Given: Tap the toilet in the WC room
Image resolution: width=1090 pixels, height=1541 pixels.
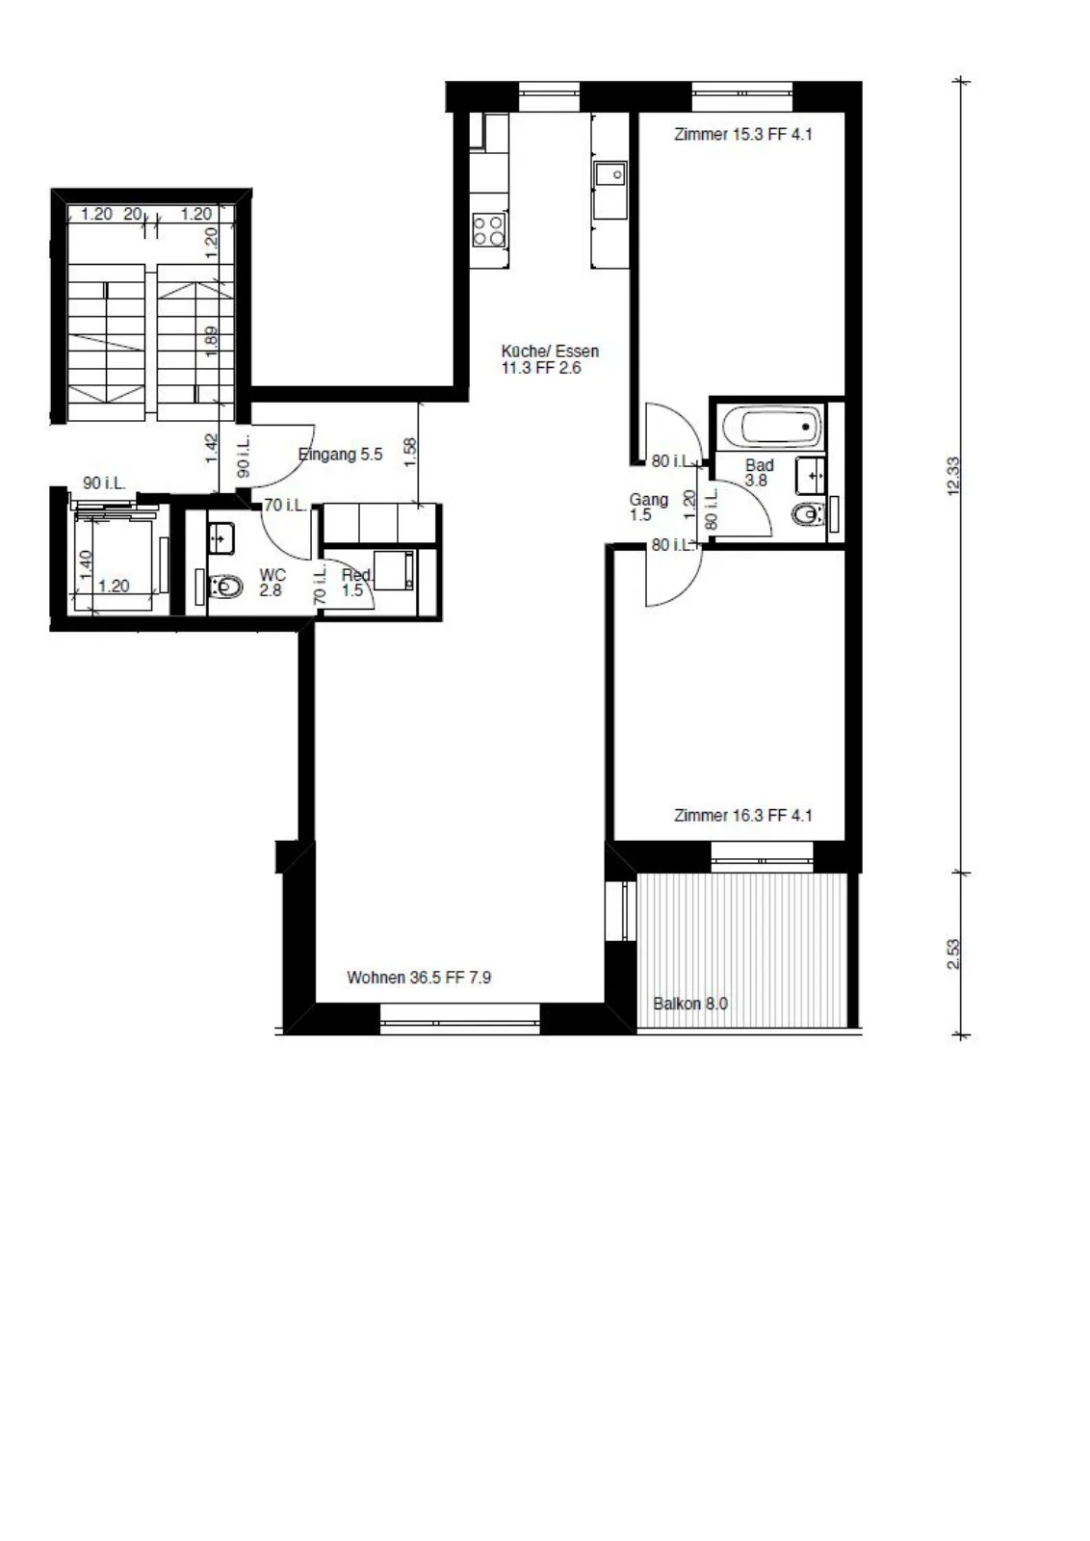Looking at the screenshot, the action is click(226, 587).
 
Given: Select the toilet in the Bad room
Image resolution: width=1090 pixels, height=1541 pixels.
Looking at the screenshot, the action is click(808, 514).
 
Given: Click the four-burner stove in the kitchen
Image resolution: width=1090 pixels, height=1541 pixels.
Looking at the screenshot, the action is click(490, 230).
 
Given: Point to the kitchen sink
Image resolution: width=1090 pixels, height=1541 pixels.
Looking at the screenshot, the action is click(610, 174).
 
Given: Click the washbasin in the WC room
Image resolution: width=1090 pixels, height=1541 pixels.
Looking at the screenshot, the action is click(221, 536).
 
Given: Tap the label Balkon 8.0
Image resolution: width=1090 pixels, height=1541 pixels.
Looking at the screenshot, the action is click(689, 1004).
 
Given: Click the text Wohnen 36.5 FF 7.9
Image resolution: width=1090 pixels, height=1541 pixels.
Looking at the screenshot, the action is click(419, 978).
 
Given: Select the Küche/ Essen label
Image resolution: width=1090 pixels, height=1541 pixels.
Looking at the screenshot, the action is click(550, 351).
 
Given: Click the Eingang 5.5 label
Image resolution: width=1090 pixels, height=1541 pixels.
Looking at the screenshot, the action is click(341, 455).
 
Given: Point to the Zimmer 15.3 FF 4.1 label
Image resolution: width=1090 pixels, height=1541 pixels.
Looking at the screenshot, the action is click(742, 135).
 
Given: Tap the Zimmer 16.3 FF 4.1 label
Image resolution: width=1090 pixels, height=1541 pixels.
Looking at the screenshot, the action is click(742, 816).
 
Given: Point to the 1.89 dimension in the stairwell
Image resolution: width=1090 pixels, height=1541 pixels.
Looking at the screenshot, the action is click(212, 341).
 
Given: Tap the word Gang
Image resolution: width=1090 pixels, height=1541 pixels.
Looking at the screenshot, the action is click(648, 500).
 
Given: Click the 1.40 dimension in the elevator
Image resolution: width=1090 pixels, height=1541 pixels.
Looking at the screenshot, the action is click(87, 564).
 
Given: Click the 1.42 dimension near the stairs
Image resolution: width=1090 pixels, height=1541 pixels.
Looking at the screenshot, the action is click(212, 448).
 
